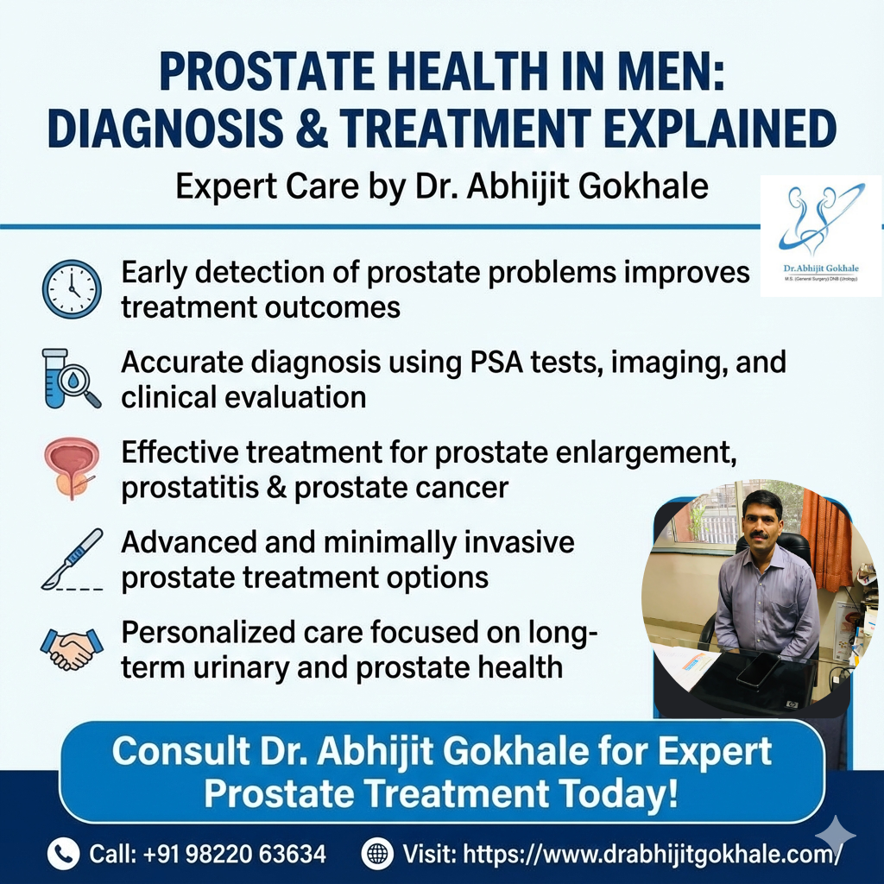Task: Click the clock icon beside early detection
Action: tap(73, 289)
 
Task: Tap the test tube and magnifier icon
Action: tap(72, 378)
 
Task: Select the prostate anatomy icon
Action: tap(72, 469)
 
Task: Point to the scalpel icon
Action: tap(73, 559)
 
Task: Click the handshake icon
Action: tap(73, 649)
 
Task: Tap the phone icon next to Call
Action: tap(63, 854)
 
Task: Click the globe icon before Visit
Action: tap(377, 854)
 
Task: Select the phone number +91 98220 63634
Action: tap(235, 854)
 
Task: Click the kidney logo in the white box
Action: tap(821, 220)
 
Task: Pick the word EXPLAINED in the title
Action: tap(720, 128)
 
